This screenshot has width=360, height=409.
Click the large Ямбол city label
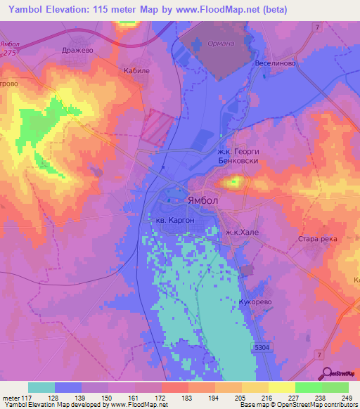pos(203,200)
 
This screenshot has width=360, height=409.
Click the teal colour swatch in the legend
pos(41,387)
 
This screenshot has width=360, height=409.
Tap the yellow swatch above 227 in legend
pos(282,387)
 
